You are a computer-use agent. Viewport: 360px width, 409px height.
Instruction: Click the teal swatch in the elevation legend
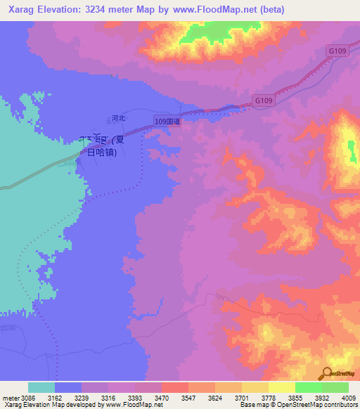pos(41,387)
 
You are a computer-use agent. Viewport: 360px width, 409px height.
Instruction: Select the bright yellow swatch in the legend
pos(281,387)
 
